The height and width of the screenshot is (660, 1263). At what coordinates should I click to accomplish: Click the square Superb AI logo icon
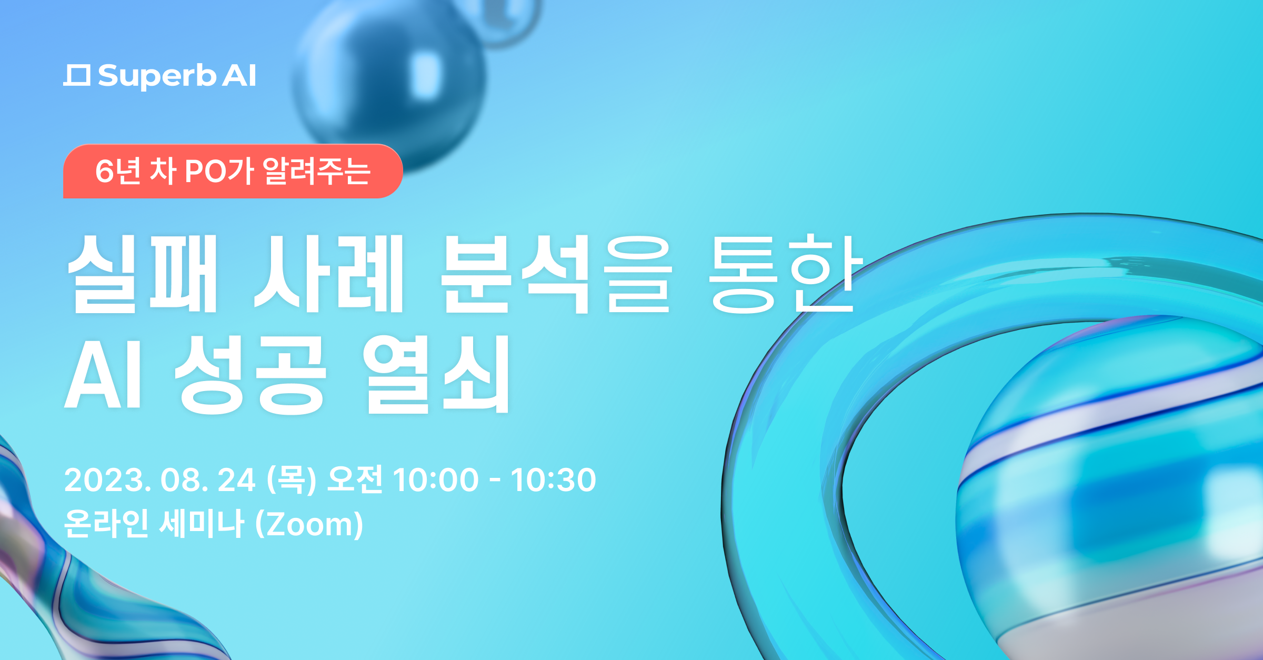(77, 75)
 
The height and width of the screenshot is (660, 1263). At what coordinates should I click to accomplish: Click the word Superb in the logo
(157, 77)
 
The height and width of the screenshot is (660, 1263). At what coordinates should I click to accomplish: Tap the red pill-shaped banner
(233, 171)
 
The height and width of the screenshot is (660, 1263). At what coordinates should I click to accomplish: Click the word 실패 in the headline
(143, 274)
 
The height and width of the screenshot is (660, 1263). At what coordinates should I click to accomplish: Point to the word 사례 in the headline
(329, 274)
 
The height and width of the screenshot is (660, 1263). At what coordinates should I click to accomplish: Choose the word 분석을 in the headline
(556, 274)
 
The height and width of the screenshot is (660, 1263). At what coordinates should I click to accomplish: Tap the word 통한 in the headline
(786, 274)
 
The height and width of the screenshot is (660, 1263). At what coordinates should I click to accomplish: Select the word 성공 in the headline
(250, 374)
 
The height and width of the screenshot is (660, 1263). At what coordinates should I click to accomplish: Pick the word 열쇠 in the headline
(436, 374)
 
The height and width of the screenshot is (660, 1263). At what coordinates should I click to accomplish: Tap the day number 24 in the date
(237, 480)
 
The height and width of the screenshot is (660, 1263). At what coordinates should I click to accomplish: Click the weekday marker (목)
(292, 480)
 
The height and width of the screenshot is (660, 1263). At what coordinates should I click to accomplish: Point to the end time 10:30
(553, 480)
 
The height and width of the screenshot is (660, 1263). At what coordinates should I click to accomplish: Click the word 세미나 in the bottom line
(202, 524)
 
